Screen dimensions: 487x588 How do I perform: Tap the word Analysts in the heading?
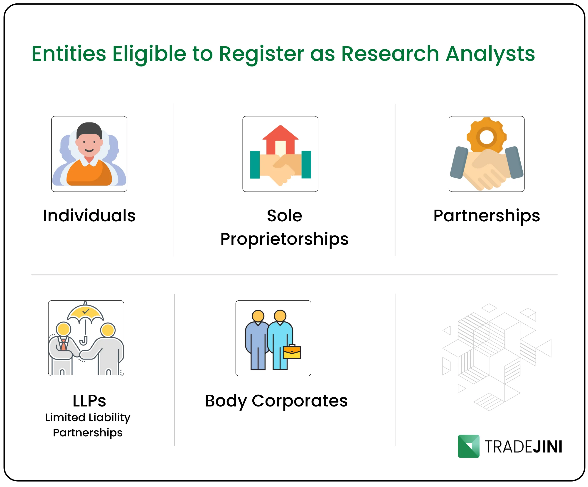pyautogui.click(x=490, y=54)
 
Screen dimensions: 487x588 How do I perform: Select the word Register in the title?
pyautogui.click(x=261, y=54)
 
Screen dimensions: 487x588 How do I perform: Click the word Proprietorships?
pyautogui.click(x=285, y=239)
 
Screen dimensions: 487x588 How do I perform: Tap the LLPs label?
pyautogui.click(x=89, y=401)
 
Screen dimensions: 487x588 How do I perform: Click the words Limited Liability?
pyautogui.click(x=88, y=417)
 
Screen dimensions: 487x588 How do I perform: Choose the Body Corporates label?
pyautogui.click(x=276, y=401)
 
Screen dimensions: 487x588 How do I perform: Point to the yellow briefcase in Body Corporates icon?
pyautogui.click(x=292, y=352)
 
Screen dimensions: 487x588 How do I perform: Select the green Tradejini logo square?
pyautogui.click(x=468, y=446)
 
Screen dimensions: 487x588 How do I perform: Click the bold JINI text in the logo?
pyautogui.click(x=547, y=447)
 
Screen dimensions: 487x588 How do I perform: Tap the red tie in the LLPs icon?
pyautogui.click(x=64, y=345)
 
